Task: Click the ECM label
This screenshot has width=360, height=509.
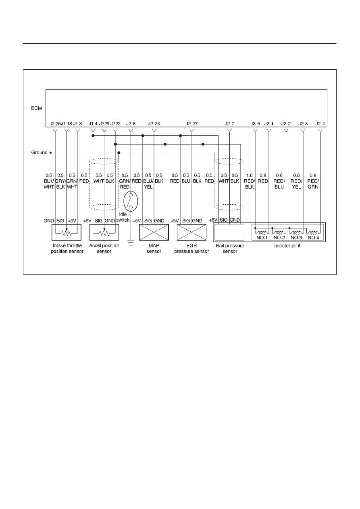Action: [36, 108]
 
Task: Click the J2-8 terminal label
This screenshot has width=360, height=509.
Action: [131, 124]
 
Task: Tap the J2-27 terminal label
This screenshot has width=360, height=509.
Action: [191, 124]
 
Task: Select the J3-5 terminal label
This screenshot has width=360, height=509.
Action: [255, 124]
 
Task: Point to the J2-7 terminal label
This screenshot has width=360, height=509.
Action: [229, 124]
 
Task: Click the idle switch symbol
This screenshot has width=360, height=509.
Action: [131, 201]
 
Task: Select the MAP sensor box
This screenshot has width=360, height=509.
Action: [154, 232]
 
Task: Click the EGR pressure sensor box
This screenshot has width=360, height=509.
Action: [191, 232]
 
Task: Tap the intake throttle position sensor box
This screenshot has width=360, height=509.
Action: [67, 232]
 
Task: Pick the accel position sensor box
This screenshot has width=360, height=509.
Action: [104, 232]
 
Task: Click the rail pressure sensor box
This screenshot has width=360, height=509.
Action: [229, 232]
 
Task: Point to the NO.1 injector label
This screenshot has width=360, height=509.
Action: [262, 238]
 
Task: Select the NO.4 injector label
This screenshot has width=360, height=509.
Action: [313, 238]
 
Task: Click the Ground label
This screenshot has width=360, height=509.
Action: [39, 152]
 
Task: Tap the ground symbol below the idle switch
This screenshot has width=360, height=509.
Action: [131, 243]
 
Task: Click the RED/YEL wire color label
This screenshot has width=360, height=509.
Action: [296, 184]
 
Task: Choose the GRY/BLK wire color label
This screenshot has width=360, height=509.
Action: [60, 184]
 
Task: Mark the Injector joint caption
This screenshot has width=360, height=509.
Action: [287, 246]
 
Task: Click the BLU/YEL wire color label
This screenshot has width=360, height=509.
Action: [148, 184]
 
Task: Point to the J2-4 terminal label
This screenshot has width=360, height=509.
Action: [320, 124]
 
